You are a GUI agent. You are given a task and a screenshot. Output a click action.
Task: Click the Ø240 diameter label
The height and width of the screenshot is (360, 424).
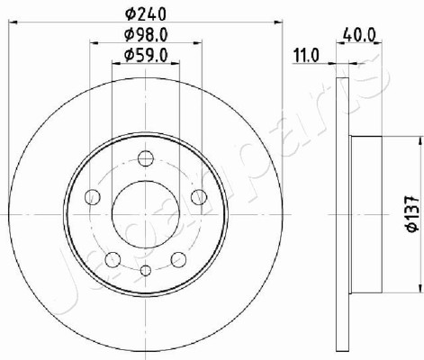point(146,14)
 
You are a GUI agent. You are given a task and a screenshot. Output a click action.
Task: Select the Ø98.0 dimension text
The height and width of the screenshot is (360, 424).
point(146,35)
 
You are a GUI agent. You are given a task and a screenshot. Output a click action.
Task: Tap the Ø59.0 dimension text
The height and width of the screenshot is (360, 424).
point(146,56)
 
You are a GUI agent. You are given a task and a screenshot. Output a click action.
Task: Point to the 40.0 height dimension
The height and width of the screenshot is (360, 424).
point(359,36)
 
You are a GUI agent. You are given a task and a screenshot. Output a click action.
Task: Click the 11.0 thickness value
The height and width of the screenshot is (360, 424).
point(306,56)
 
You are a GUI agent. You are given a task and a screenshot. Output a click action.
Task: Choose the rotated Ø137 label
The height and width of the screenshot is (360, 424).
point(412,213)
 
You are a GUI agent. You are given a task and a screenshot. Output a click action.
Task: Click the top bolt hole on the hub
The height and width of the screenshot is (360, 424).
point(146,158)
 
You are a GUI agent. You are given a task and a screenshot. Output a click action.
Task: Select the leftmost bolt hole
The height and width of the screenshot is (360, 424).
point(93,197)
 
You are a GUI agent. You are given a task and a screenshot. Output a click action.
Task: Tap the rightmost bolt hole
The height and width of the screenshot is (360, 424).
point(199,197)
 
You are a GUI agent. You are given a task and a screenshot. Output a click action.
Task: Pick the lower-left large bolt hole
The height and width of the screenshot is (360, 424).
point(113,259)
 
